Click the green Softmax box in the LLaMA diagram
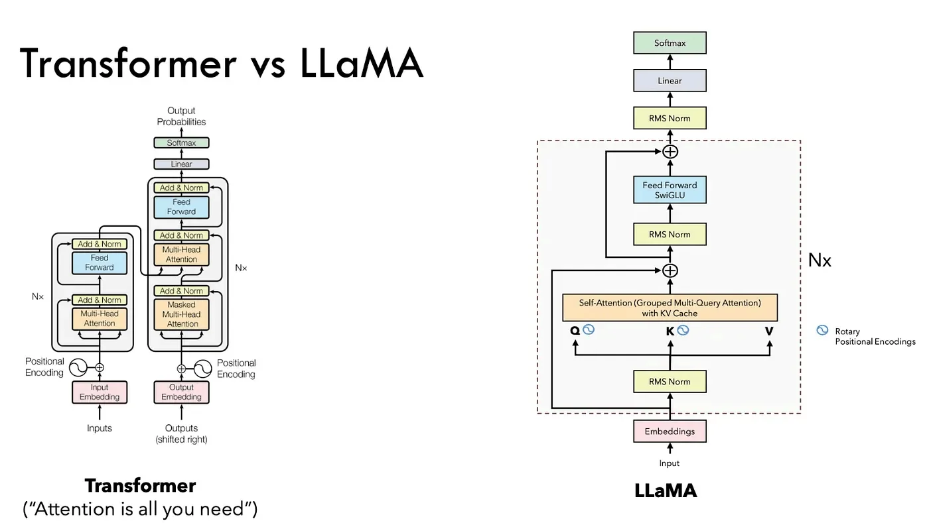click(x=670, y=43)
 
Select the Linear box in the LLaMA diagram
click(x=670, y=81)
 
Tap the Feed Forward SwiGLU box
click(x=670, y=190)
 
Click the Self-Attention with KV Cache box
click(x=670, y=308)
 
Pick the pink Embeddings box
click(x=670, y=432)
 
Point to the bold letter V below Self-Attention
click(x=769, y=329)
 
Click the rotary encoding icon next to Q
click(x=588, y=329)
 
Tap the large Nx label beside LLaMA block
click(x=820, y=261)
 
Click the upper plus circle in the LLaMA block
click(x=670, y=151)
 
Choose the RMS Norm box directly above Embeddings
click(x=670, y=382)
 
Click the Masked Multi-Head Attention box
click(x=181, y=314)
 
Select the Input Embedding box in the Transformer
click(x=100, y=392)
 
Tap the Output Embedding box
click(x=181, y=392)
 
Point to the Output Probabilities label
click(x=181, y=116)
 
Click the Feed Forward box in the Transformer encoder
click(x=100, y=262)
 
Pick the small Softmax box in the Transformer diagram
click(x=181, y=143)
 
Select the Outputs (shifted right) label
click(x=181, y=434)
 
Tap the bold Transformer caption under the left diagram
click(x=140, y=486)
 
